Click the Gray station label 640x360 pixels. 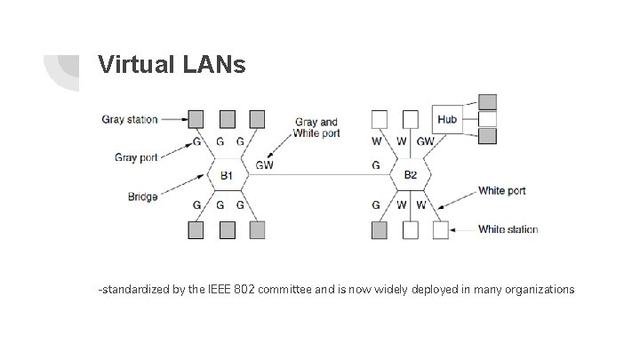[x=131, y=117]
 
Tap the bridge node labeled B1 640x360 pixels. [x=228, y=174]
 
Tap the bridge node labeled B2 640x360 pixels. [x=410, y=174]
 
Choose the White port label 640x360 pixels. [x=501, y=190]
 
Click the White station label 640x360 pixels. [x=508, y=229]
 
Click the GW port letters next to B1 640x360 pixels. [x=264, y=164]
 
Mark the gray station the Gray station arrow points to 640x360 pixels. [x=196, y=118]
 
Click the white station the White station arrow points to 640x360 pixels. [x=440, y=229]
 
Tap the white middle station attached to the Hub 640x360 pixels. [x=487, y=118]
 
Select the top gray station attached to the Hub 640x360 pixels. [x=487, y=101]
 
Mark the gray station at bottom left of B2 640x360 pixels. [x=379, y=229]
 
